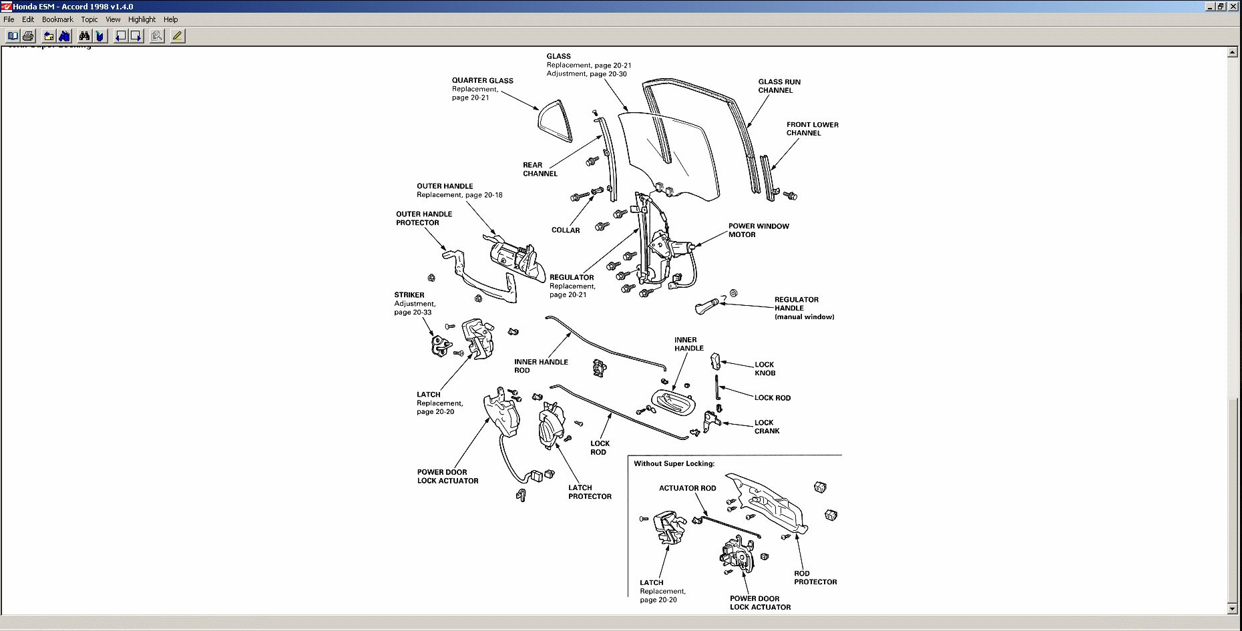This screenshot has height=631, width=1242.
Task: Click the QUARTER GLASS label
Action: click(x=482, y=81)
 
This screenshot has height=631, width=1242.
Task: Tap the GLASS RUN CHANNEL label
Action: click(x=779, y=86)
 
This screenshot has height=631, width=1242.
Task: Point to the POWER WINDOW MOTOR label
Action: click(x=758, y=230)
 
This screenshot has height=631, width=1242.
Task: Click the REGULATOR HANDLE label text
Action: click(x=796, y=304)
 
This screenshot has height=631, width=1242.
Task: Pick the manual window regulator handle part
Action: click(x=706, y=306)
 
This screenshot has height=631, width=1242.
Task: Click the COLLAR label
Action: click(x=566, y=230)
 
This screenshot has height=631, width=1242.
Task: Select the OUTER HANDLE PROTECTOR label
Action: click(x=423, y=218)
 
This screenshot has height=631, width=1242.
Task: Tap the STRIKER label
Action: click(x=409, y=295)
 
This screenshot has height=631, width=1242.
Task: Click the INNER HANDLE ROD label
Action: click(x=540, y=366)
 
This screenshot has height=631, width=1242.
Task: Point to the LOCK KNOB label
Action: click(x=765, y=369)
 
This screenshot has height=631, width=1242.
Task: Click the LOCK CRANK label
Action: click(x=766, y=427)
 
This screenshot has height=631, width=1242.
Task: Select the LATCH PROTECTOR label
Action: click(x=589, y=492)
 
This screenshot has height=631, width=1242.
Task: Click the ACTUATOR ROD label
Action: click(x=687, y=488)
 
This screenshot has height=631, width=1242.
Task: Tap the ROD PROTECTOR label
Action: click(x=815, y=578)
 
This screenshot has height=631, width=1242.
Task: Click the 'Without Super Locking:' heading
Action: click(x=674, y=463)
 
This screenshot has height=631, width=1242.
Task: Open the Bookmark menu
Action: click(x=57, y=19)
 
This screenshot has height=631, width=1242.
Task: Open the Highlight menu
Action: click(x=142, y=19)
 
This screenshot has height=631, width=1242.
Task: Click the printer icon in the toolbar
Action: click(x=28, y=36)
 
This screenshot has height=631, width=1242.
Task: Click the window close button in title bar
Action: click(x=1234, y=6)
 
